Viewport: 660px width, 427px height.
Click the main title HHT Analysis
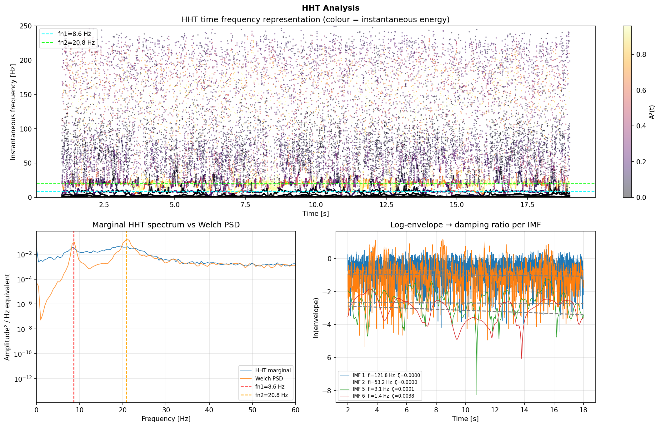coord(330,8)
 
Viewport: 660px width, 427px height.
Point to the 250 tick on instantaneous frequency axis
coord(28,26)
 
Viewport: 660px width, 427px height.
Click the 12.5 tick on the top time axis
coord(386,205)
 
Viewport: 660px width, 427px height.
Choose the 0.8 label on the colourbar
coord(641,54)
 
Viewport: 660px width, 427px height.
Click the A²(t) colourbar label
coord(652,112)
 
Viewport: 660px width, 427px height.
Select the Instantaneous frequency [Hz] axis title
coord(13,112)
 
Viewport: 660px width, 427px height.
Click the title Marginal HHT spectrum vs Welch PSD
coord(166,225)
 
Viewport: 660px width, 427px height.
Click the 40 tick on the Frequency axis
coord(209,410)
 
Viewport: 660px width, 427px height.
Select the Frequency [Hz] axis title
coord(166,419)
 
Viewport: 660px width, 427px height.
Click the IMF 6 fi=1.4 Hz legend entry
coord(383,396)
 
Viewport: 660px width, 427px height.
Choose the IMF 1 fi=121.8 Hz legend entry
coord(386,375)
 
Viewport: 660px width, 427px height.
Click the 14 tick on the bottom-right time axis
coord(524,410)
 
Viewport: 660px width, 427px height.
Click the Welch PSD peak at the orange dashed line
coord(127,239)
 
